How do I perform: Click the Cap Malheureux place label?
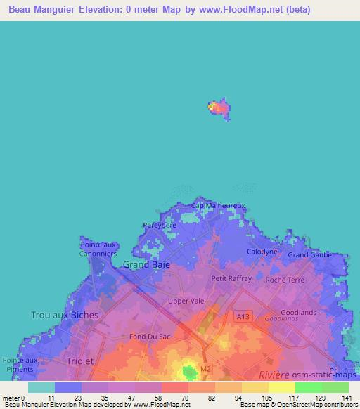tap(218, 205)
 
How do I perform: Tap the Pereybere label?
tap(159, 226)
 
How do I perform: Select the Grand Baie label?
tap(145, 265)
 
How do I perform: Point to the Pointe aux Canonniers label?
tap(98, 249)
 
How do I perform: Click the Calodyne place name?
tap(262, 251)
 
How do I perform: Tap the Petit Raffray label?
tap(231, 278)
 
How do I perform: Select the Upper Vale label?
tap(186, 301)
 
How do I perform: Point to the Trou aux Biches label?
tap(64, 315)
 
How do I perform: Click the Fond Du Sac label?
tap(148, 337)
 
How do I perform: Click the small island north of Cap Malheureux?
tap(219, 108)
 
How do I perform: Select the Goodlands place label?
tap(298, 312)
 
